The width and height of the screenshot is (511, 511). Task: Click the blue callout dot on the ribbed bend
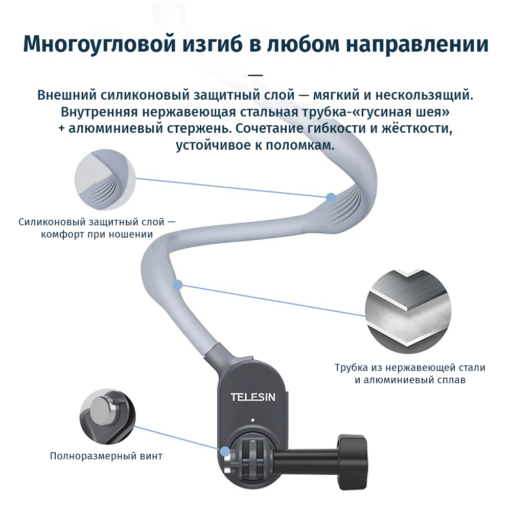331,197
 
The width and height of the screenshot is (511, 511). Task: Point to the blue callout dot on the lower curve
177,284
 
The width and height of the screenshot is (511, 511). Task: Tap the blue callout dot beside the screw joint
224,451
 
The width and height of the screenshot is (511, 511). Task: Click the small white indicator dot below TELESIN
253,421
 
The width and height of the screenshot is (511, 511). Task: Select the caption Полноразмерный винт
106,456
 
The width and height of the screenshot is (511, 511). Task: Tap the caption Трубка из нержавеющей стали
410,367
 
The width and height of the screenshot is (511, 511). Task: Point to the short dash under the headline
255,75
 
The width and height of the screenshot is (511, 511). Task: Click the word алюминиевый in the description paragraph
106,128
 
